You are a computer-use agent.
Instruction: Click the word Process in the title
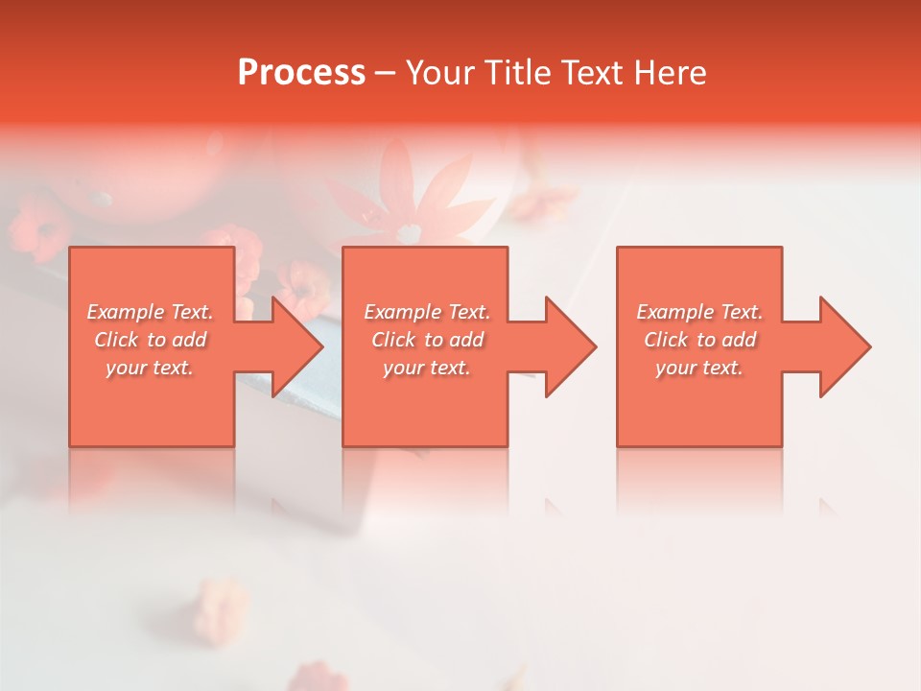tap(301, 73)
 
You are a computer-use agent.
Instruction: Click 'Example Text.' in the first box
tap(151, 312)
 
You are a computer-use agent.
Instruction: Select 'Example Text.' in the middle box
tap(427, 312)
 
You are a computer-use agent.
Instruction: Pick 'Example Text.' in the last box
tap(699, 312)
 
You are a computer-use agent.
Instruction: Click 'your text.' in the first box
tap(151, 368)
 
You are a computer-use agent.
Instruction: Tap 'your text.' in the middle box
tap(427, 368)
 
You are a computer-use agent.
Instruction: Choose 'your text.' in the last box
tap(699, 368)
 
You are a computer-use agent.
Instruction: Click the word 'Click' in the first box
tap(116, 340)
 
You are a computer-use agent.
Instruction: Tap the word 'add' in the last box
tap(740, 340)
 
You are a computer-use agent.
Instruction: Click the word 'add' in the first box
tap(190, 340)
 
